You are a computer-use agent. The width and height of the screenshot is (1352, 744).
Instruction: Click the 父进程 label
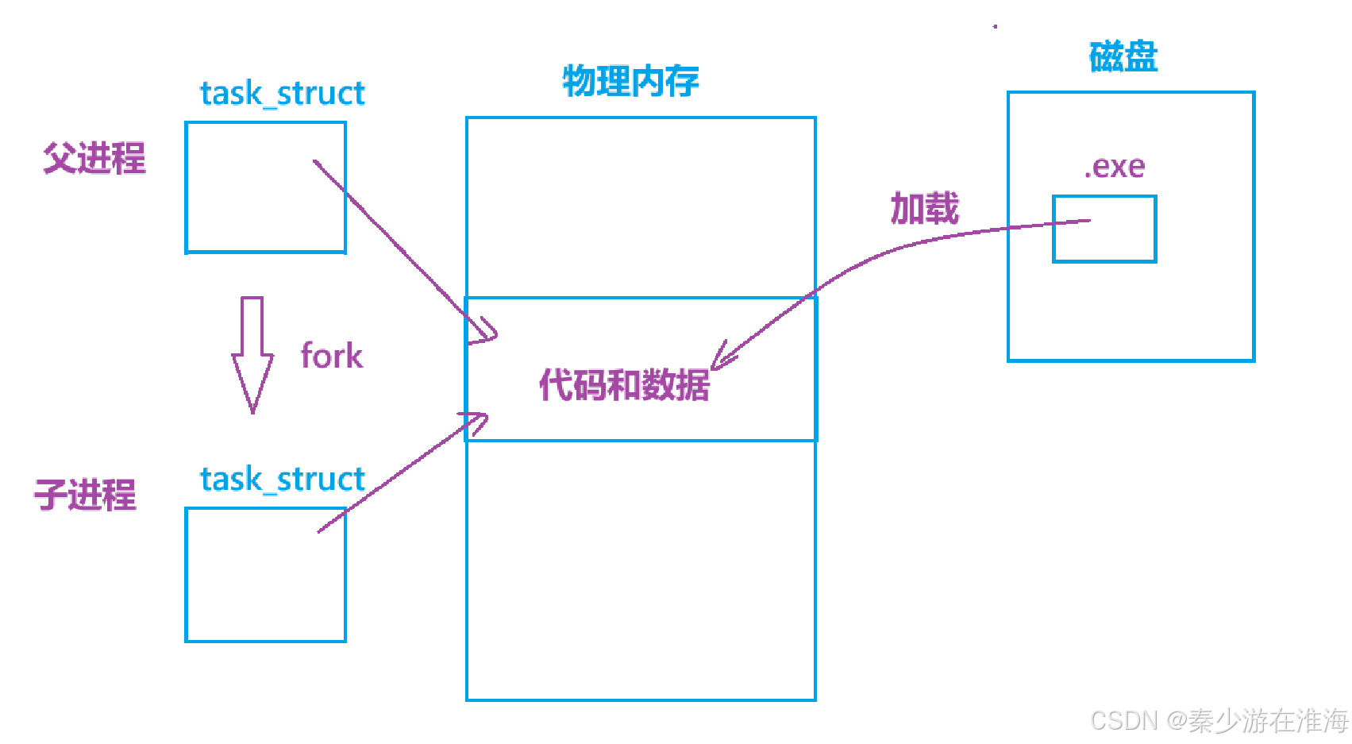94,158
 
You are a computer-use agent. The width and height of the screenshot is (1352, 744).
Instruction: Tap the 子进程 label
85,495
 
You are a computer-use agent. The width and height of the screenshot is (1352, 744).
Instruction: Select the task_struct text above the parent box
282,94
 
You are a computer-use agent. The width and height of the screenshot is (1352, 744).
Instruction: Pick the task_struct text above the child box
282,480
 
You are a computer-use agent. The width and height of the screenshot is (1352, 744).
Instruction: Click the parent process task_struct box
265,187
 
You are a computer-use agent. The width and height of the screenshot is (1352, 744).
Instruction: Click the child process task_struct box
265,575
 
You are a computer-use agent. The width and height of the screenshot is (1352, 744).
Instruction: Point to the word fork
331,356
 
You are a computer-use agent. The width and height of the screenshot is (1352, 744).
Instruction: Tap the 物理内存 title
630,81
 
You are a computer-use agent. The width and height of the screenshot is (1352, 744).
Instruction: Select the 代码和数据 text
624,385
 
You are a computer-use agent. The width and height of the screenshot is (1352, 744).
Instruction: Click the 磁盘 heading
1123,57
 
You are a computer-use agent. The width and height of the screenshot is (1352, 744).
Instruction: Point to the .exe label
1115,167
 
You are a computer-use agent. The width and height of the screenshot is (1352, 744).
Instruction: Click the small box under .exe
1104,229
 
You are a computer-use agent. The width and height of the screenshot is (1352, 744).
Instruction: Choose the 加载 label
924,208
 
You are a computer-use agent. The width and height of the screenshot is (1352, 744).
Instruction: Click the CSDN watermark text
1219,720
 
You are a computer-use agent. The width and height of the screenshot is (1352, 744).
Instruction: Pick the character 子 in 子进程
50,495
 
